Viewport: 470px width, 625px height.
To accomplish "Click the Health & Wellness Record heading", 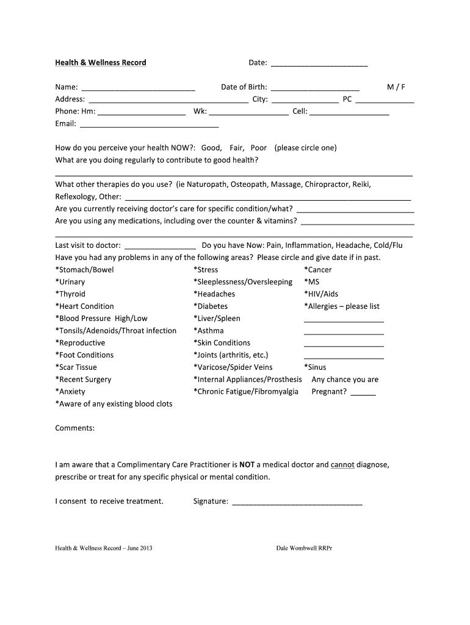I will point(101,62).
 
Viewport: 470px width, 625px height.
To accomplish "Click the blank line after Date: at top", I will point(319,63).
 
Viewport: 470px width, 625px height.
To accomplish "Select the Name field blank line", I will point(138,88).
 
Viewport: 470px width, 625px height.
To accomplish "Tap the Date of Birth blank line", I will point(315,88).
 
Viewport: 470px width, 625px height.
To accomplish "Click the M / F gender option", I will point(396,87).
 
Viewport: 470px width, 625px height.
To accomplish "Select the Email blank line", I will point(150,125).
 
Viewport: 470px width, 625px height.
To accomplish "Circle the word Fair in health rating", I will point(237,148).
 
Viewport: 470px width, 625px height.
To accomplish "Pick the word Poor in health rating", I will point(259,148).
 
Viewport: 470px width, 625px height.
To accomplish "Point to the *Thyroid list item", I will point(71,294).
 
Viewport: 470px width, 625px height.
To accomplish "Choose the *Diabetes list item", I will point(211,306).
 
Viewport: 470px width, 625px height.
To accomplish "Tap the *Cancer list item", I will point(318,270).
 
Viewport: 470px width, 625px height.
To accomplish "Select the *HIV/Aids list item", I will point(321,294).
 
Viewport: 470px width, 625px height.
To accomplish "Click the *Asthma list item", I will point(209,331).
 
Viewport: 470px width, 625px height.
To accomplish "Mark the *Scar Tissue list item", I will point(76,367).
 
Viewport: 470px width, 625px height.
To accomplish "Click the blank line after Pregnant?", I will point(364,393).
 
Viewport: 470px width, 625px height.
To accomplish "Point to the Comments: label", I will point(75,428).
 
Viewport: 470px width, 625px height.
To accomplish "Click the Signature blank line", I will point(297,503).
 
